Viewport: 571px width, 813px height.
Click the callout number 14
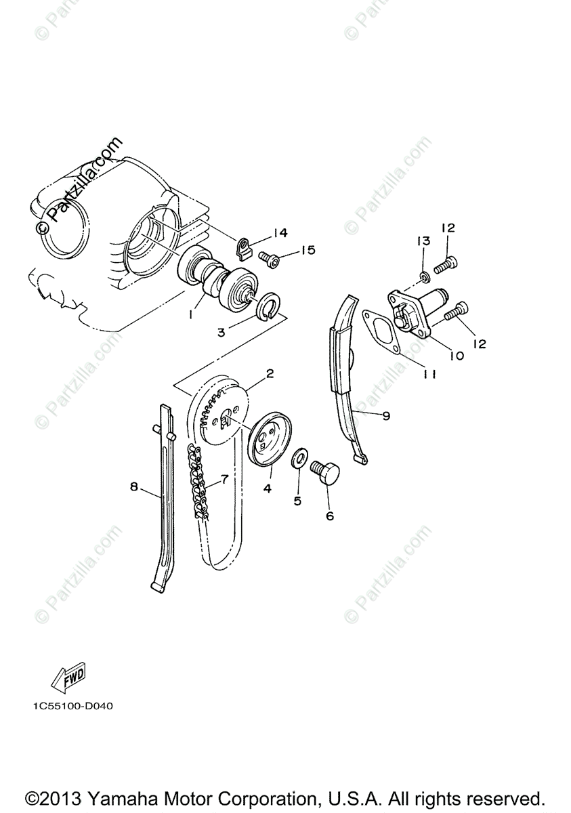(280, 233)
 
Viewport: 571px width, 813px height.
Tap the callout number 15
(308, 251)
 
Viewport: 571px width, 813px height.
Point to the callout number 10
(456, 355)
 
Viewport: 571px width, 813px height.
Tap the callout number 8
(134, 486)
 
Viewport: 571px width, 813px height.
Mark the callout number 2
(269, 373)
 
